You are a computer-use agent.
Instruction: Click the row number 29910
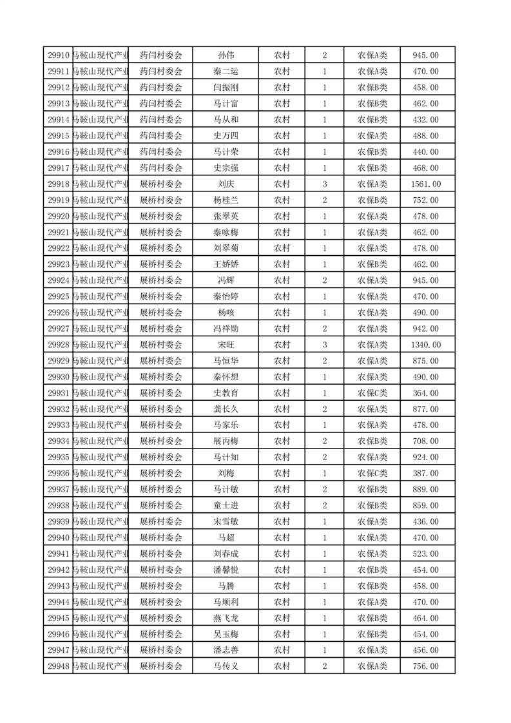click(59, 55)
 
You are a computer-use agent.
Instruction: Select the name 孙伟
click(226, 55)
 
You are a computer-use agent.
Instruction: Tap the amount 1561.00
click(425, 184)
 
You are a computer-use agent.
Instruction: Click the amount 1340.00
click(425, 345)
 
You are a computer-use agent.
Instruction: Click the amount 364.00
click(425, 393)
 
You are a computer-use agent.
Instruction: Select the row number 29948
click(59, 666)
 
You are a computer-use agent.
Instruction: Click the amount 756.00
click(425, 666)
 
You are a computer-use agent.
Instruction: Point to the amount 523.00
click(425, 554)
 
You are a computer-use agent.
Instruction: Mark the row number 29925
click(59, 296)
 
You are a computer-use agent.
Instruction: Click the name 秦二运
click(226, 72)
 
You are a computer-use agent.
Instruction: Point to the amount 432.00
click(425, 120)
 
